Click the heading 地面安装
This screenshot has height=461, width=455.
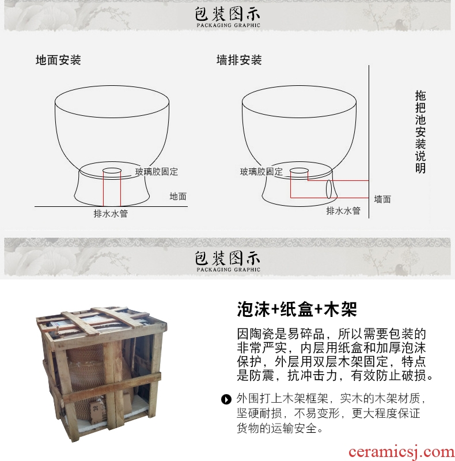pyautogui.click(x=58, y=60)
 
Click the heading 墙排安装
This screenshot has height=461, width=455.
pyautogui.click(x=239, y=60)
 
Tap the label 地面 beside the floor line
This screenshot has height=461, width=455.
pyautogui.click(x=178, y=197)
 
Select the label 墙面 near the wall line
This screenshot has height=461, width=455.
pyautogui.click(x=382, y=199)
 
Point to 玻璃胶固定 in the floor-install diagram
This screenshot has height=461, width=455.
pyautogui.click(x=156, y=172)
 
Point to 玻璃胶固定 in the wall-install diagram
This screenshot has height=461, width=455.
pyautogui.click(x=261, y=172)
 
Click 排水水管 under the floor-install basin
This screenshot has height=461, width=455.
pyautogui.click(x=111, y=213)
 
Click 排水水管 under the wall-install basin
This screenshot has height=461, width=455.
pyautogui.click(x=343, y=210)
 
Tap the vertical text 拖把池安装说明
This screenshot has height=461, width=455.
pyautogui.click(x=420, y=132)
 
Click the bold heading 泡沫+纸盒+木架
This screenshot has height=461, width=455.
pyautogui.click(x=297, y=309)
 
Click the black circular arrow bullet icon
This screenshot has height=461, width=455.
pyautogui.click(x=226, y=399)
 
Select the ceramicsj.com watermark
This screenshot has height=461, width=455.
pyautogui.click(x=401, y=452)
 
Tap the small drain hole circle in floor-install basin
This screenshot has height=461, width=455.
pyautogui.click(x=112, y=171)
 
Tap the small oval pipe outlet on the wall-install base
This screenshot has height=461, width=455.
pyautogui.click(x=329, y=189)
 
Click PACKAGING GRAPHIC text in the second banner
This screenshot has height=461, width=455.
pyautogui.click(x=229, y=270)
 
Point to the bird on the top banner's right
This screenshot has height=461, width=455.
pyautogui.click(x=399, y=24)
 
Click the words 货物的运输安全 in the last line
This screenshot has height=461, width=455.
pyautogui.click(x=276, y=428)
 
